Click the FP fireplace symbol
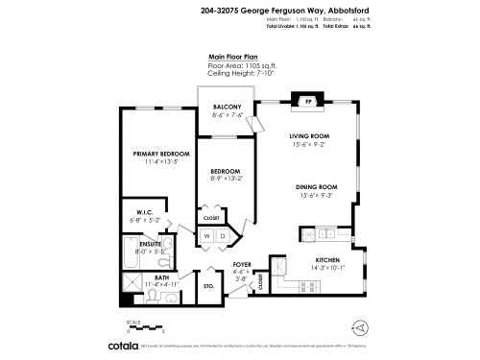[308, 101]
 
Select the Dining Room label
[315, 186]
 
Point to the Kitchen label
[329, 260]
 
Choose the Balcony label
[227, 107]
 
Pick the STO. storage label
[208, 286]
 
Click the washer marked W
[206, 235]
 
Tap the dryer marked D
[222, 235]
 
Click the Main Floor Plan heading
[234, 57]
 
